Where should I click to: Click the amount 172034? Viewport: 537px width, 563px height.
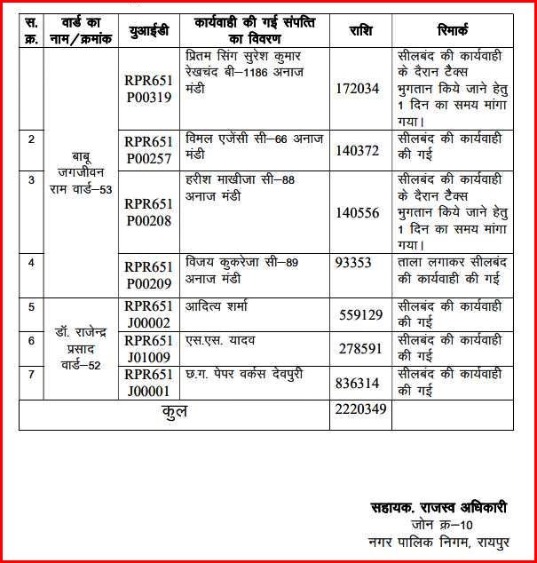tap(359, 88)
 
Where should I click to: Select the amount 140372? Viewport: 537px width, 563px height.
tap(359, 151)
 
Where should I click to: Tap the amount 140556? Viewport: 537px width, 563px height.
tap(359, 212)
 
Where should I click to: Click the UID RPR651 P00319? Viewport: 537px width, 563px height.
tap(148, 86)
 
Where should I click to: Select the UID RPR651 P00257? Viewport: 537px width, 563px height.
tap(148, 148)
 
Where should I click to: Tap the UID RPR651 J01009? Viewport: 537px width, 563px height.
tap(148, 348)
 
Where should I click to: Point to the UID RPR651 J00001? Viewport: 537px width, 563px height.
tap(148, 382)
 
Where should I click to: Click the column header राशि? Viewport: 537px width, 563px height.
tap(359, 30)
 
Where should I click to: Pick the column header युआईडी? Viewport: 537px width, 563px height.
tap(148, 30)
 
